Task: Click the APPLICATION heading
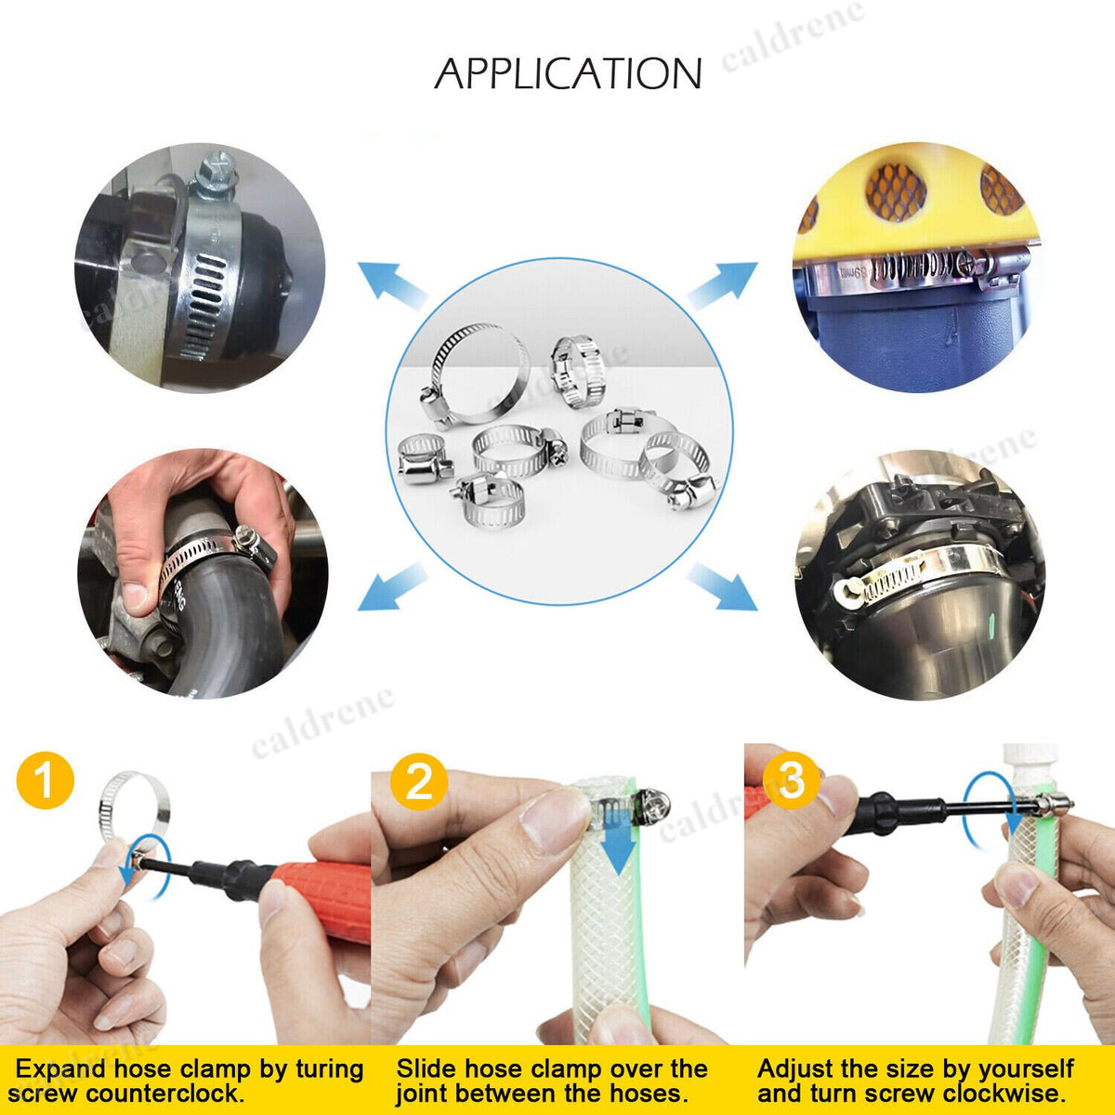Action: click(568, 73)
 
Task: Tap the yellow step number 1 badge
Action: click(46, 780)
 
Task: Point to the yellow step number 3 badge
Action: click(791, 780)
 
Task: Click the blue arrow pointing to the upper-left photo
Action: click(393, 285)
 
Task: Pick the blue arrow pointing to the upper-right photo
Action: click(723, 285)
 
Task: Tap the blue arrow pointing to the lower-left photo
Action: click(393, 586)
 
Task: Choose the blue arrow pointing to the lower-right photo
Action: click(723, 586)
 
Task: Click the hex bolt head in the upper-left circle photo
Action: click(216, 170)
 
